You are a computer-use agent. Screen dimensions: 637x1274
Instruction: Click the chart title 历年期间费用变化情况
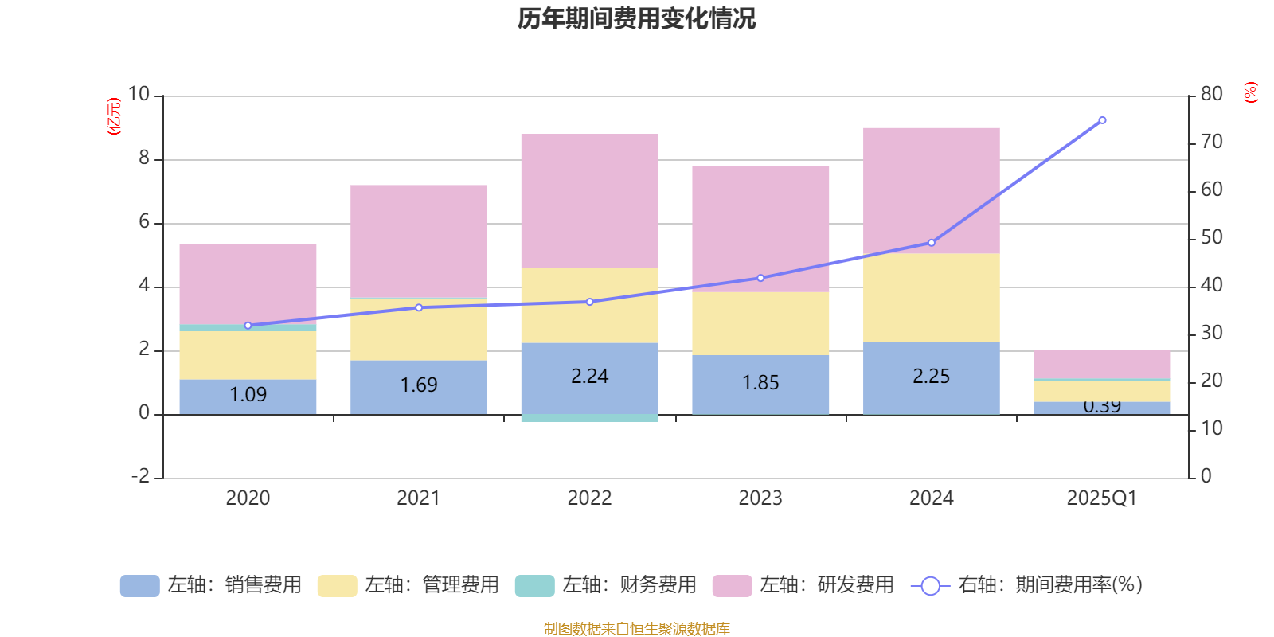(x=636, y=18)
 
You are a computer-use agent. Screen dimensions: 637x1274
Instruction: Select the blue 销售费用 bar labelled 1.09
(x=248, y=396)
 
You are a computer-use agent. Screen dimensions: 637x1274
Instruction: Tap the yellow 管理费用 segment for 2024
(x=931, y=298)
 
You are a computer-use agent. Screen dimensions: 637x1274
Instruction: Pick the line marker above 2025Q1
(x=1102, y=120)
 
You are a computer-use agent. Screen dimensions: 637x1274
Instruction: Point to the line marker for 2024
(x=931, y=243)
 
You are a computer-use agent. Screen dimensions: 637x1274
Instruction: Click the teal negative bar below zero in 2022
(x=589, y=418)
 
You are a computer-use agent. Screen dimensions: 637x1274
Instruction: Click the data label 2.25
(x=931, y=377)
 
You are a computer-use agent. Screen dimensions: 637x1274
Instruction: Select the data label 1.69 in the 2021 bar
(x=419, y=385)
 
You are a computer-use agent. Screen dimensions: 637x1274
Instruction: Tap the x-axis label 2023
(x=760, y=498)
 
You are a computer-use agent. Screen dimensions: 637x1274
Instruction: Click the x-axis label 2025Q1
(x=1101, y=498)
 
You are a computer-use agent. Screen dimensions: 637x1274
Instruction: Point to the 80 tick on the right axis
(x=1211, y=94)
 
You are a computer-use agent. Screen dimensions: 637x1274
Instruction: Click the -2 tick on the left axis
(x=142, y=476)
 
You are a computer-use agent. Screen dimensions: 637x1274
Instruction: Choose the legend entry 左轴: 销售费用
(x=212, y=585)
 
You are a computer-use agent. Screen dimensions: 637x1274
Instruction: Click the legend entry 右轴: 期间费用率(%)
(x=1027, y=585)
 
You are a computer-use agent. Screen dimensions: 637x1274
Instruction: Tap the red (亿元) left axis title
(x=114, y=116)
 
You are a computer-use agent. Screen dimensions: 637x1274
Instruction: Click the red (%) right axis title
(x=1250, y=92)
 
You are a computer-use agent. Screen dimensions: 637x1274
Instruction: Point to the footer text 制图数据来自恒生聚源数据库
(x=636, y=629)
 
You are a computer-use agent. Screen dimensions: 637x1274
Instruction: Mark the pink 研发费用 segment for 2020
(x=248, y=283)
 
